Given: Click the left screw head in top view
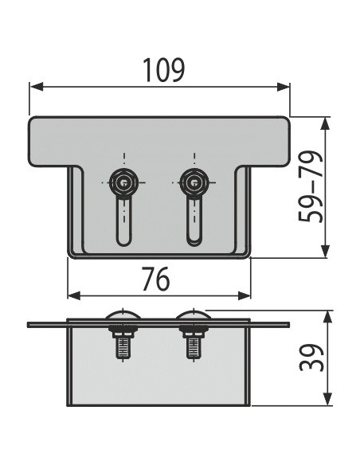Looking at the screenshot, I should pyautogui.click(x=123, y=182).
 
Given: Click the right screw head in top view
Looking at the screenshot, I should pyautogui.click(x=192, y=182).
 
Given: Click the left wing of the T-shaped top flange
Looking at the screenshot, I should pyautogui.click(x=49, y=142).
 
